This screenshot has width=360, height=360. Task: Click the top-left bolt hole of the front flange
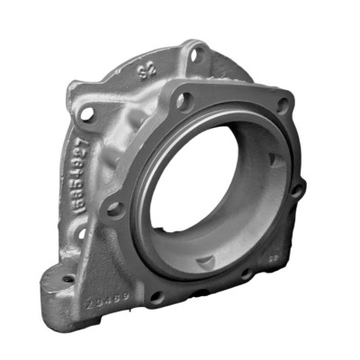coord(183,101)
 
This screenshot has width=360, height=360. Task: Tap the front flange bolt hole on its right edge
coord(296,189)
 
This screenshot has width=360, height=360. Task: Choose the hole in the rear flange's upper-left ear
coord(87,114)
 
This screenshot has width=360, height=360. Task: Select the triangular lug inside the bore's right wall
coord(274,163)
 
